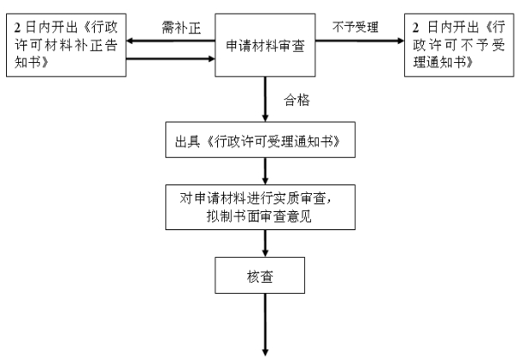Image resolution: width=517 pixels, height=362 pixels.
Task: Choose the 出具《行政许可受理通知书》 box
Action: [263, 140]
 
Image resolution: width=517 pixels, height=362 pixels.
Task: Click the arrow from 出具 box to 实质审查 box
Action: [265, 171]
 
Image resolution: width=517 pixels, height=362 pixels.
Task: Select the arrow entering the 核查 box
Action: [265, 247]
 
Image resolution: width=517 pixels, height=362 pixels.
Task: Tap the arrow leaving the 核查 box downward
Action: [265, 328]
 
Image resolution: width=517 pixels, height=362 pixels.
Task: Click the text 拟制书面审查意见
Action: [263, 215]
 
